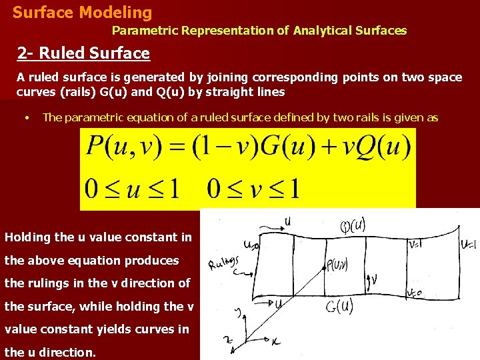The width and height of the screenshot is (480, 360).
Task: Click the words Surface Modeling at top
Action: (x=82, y=12)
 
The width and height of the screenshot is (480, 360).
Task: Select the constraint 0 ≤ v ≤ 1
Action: (x=254, y=188)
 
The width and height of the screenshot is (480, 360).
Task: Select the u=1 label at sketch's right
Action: (x=468, y=243)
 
